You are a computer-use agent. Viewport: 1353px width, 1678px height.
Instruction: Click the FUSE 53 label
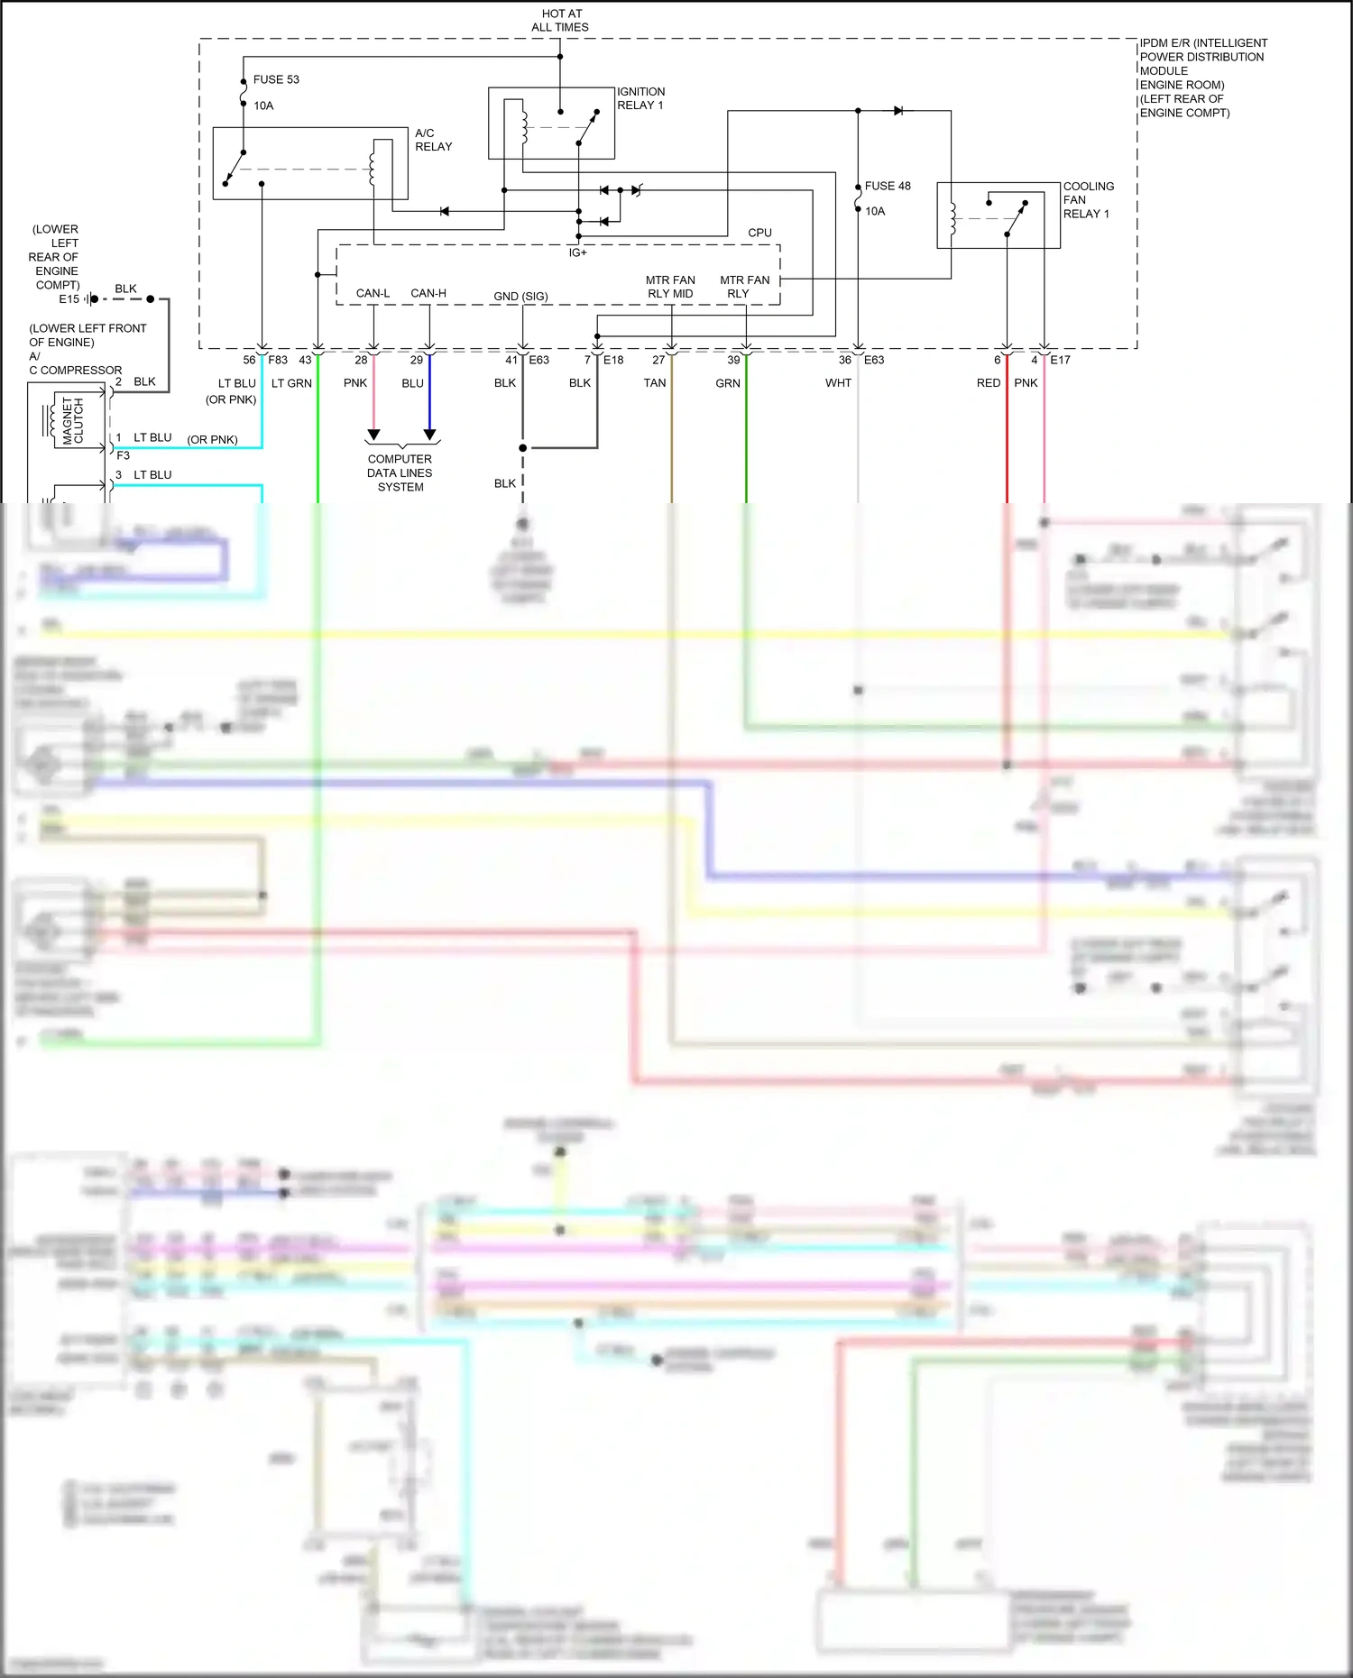pyautogui.click(x=276, y=79)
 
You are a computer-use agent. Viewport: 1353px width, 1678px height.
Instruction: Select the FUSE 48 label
pyautogui.click(x=888, y=186)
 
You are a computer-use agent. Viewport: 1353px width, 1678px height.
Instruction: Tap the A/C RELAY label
pyautogui.click(x=433, y=140)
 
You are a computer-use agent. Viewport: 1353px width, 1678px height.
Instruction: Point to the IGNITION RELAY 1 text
pyautogui.click(x=640, y=98)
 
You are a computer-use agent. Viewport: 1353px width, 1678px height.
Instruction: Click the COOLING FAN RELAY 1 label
pyautogui.click(x=1088, y=199)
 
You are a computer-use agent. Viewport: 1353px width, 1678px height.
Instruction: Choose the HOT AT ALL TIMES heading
pyautogui.click(x=560, y=21)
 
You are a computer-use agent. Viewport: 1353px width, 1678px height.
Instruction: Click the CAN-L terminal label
pyautogui.click(x=373, y=293)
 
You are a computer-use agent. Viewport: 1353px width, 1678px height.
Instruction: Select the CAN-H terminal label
pyautogui.click(x=428, y=293)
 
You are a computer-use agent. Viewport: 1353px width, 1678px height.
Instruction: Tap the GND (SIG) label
pyautogui.click(x=520, y=296)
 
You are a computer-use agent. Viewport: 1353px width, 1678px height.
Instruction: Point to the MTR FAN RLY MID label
pyautogui.click(x=670, y=287)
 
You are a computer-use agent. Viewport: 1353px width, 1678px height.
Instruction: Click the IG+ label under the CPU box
pyautogui.click(x=577, y=252)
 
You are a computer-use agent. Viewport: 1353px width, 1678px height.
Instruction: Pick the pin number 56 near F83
pyautogui.click(x=249, y=360)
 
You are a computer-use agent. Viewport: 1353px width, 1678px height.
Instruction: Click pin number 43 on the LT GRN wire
pyautogui.click(x=305, y=360)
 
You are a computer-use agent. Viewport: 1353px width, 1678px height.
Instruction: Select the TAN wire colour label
pyautogui.click(x=655, y=383)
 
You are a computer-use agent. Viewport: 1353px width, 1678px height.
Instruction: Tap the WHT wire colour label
pyautogui.click(x=838, y=383)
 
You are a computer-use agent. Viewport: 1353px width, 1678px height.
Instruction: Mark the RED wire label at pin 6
pyautogui.click(x=989, y=383)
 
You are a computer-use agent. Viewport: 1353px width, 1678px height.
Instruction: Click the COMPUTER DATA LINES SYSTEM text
pyautogui.click(x=400, y=472)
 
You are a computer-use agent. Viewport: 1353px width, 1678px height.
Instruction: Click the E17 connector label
pyautogui.click(x=1060, y=360)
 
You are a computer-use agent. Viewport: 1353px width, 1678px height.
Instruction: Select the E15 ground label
pyautogui.click(x=69, y=299)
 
